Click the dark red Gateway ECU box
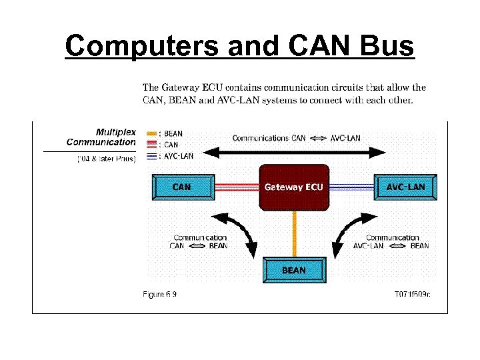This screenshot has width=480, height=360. coord(294,187)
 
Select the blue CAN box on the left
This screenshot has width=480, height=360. coord(183,187)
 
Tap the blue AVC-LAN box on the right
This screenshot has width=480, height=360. coord(405,187)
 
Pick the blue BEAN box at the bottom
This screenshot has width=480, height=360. coord(294,270)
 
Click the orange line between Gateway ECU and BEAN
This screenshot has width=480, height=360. coord(294,233)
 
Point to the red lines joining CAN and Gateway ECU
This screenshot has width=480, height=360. coord(237,187)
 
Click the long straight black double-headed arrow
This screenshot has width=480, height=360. coord(294,153)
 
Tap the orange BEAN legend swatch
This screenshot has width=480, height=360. coord(151,134)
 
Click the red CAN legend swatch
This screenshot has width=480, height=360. coord(151,145)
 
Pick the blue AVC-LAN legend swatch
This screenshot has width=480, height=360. coord(151,155)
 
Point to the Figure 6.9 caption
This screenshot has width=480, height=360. coord(160,294)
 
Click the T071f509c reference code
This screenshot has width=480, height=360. coord(413,294)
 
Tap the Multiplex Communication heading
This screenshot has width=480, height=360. coord(101,137)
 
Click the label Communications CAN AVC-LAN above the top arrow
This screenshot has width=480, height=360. coord(296,138)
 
